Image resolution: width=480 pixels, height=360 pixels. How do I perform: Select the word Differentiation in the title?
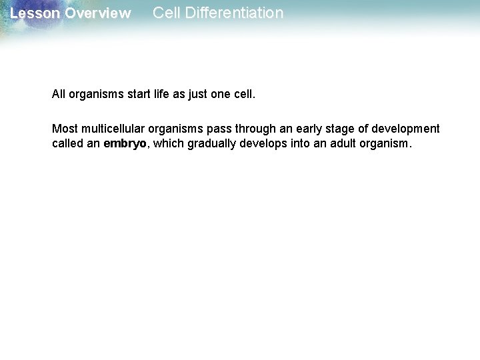pos(233,13)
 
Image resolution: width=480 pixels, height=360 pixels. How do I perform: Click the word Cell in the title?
pos(165,13)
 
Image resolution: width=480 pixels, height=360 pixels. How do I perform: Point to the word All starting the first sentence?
pos(59,95)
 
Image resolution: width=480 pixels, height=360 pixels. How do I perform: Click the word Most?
pos(64,128)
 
